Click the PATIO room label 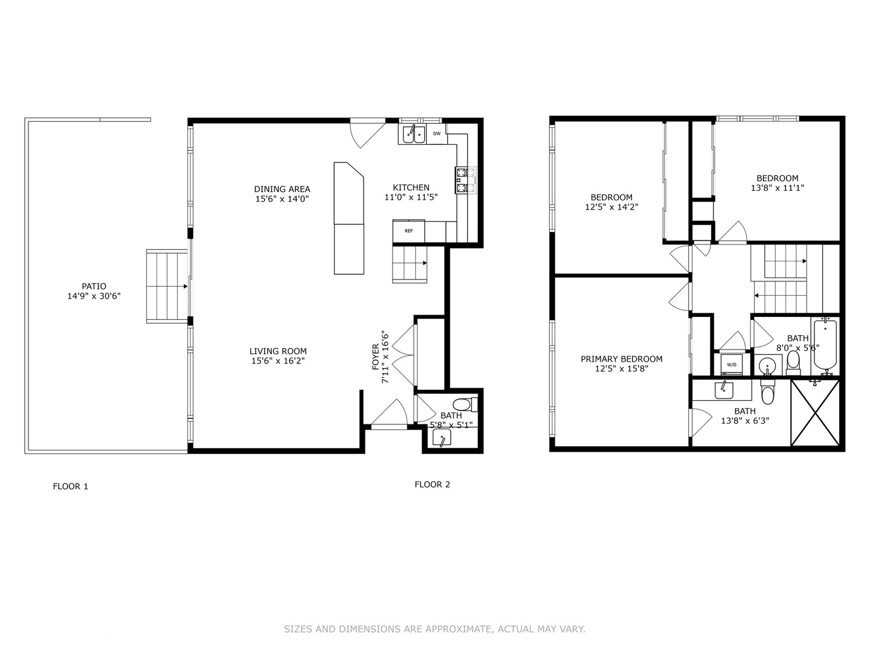coord(94,286)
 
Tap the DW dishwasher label coord(436,133)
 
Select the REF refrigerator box coord(409,231)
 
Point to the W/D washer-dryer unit coord(732,365)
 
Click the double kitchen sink coord(414,133)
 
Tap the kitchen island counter coord(349,219)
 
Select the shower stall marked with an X coord(815,412)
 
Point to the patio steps coord(167,287)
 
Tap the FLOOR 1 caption coord(71,486)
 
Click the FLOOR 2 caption coord(432,484)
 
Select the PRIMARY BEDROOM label coord(621,359)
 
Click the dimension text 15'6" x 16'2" coord(278,361)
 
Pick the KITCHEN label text coord(411,188)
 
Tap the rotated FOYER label coord(375,357)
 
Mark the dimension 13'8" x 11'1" coord(777,188)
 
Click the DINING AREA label coord(282,189)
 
